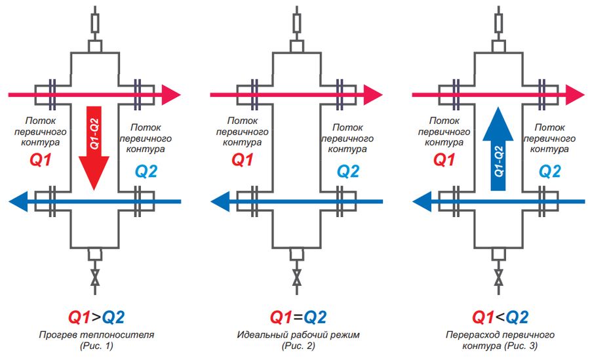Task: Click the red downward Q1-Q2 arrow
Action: coord(94,148)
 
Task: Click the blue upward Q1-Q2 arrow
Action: coord(498,149)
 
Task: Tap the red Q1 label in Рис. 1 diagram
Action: coord(40,160)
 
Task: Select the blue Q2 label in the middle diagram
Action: coord(348,172)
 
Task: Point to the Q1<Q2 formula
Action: coord(500,317)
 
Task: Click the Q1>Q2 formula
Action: coord(96,317)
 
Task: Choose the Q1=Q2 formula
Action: coord(298,317)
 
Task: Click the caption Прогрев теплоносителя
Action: coord(96,334)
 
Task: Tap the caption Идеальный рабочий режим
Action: coord(298,334)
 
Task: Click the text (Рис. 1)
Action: coord(96,346)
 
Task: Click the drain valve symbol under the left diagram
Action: coord(95,277)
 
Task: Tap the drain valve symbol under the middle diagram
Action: coord(297,277)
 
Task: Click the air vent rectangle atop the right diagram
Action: coord(499,24)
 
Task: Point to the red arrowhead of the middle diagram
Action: coord(373,95)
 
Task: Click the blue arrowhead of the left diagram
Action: coord(18,201)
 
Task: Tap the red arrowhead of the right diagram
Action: coord(576,95)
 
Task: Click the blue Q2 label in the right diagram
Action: coord(550,172)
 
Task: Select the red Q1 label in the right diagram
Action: coord(444,160)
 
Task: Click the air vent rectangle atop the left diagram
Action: coord(95,24)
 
